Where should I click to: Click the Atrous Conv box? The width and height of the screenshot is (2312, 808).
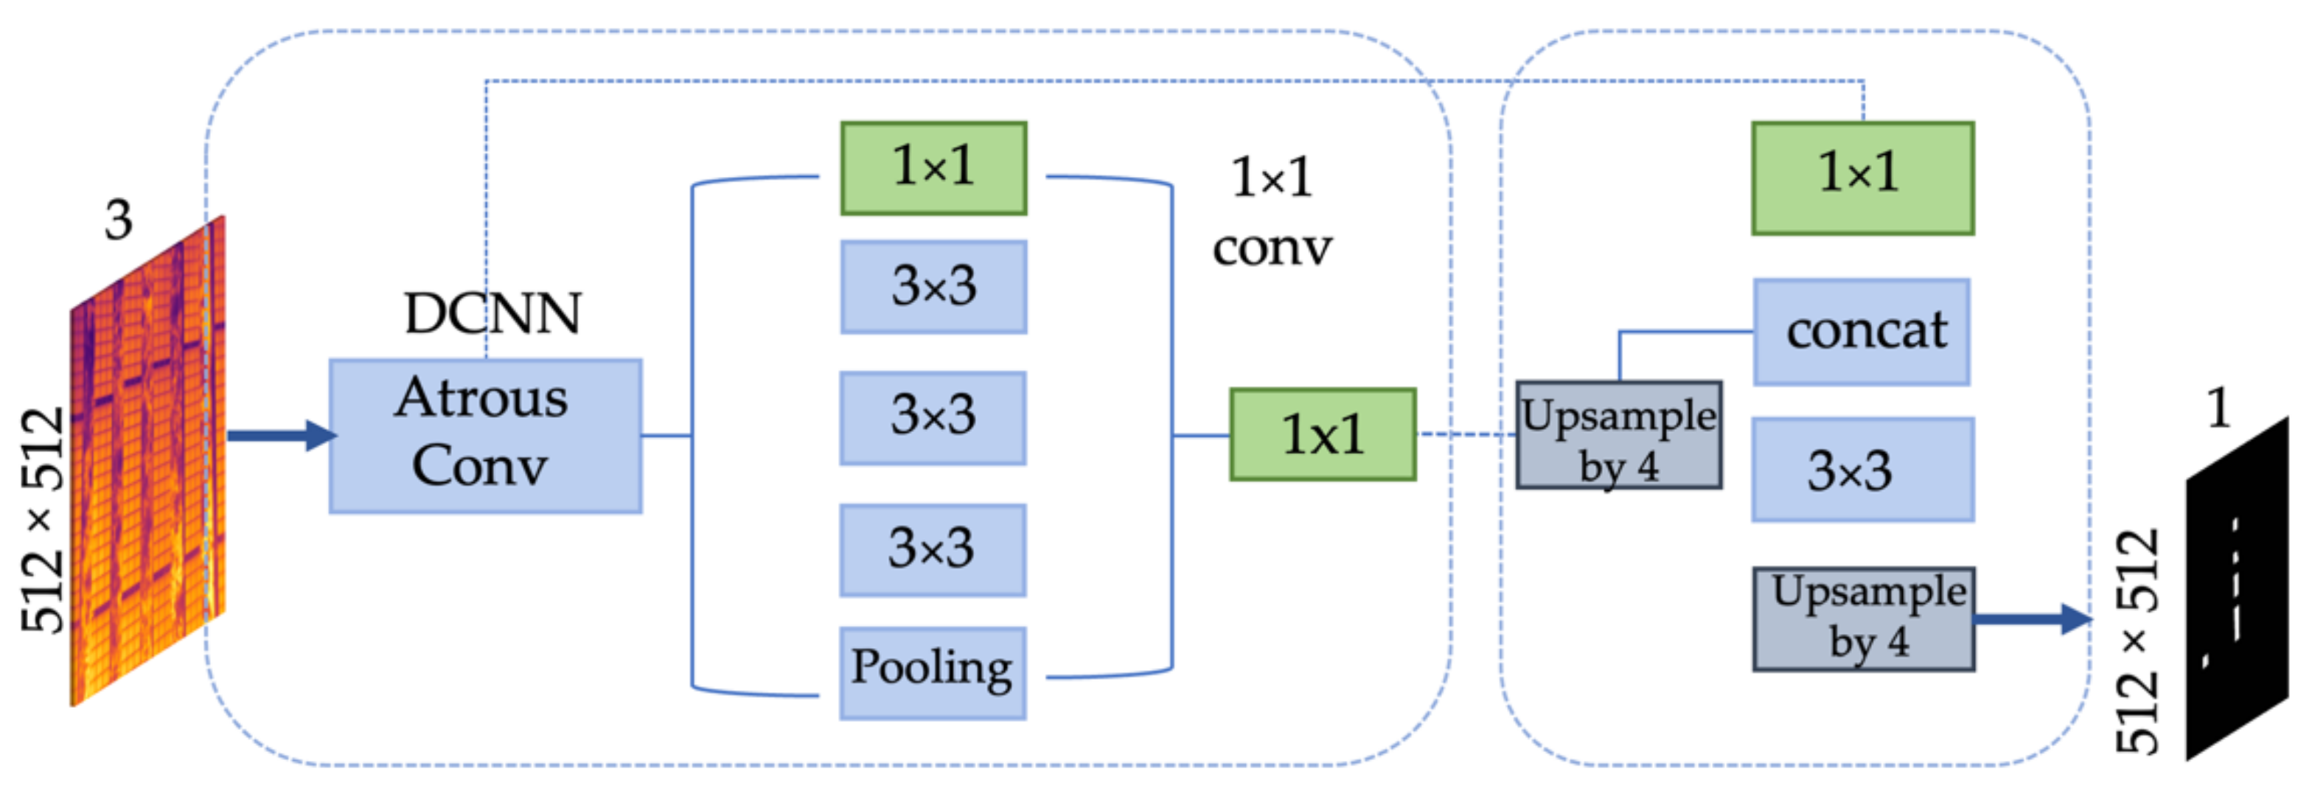pos(484,436)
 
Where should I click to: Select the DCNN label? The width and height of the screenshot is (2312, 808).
pos(492,314)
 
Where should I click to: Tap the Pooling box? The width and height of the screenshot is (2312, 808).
pos(933,672)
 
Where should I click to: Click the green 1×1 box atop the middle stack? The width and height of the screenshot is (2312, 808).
pos(933,168)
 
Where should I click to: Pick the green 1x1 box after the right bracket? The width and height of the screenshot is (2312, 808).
pos(1322,434)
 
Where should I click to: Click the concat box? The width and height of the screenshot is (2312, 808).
pos(1862,331)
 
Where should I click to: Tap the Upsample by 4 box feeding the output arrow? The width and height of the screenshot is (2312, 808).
pos(1863,619)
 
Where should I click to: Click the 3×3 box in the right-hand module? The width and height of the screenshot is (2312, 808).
pos(1862,470)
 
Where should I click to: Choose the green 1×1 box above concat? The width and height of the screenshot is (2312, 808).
pos(1862,178)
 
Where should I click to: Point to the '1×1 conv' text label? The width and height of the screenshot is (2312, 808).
pos(1272,213)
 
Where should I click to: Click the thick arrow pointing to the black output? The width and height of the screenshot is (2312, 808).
pos(2032,619)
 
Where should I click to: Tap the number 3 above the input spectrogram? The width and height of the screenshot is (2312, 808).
pos(117,219)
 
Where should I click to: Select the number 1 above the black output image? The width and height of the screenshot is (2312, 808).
pos(2218,408)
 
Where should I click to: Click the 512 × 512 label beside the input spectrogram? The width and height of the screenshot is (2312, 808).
pos(43,520)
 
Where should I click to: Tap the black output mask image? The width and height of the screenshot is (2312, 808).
pos(2237,588)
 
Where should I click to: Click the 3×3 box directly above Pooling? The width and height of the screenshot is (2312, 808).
pos(933,549)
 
